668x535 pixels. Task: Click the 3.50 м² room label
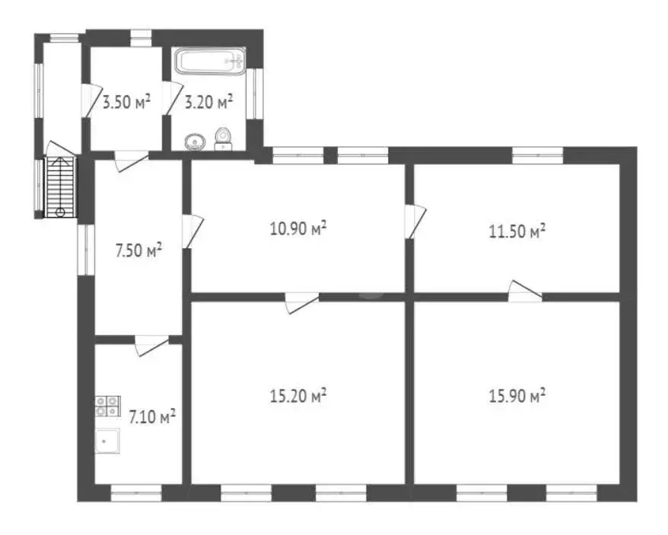tap(126, 102)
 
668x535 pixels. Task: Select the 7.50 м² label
tap(138, 250)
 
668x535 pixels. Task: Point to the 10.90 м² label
tap(298, 228)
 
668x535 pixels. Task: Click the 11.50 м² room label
tap(517, 231)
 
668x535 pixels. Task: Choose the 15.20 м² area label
tap(298, 396)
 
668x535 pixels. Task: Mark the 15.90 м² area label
tap(517, 396)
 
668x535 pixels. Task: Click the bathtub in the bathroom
tap(210, 60)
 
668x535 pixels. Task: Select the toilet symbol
tap(223, 138)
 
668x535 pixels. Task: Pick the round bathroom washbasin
tap(196, 141)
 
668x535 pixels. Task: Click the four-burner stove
tap(107, 406)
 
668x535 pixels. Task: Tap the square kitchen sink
tap(107, 440)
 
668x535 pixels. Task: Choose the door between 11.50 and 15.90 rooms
tap(525, 291)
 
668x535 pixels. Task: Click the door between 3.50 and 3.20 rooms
tap(171, 99)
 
